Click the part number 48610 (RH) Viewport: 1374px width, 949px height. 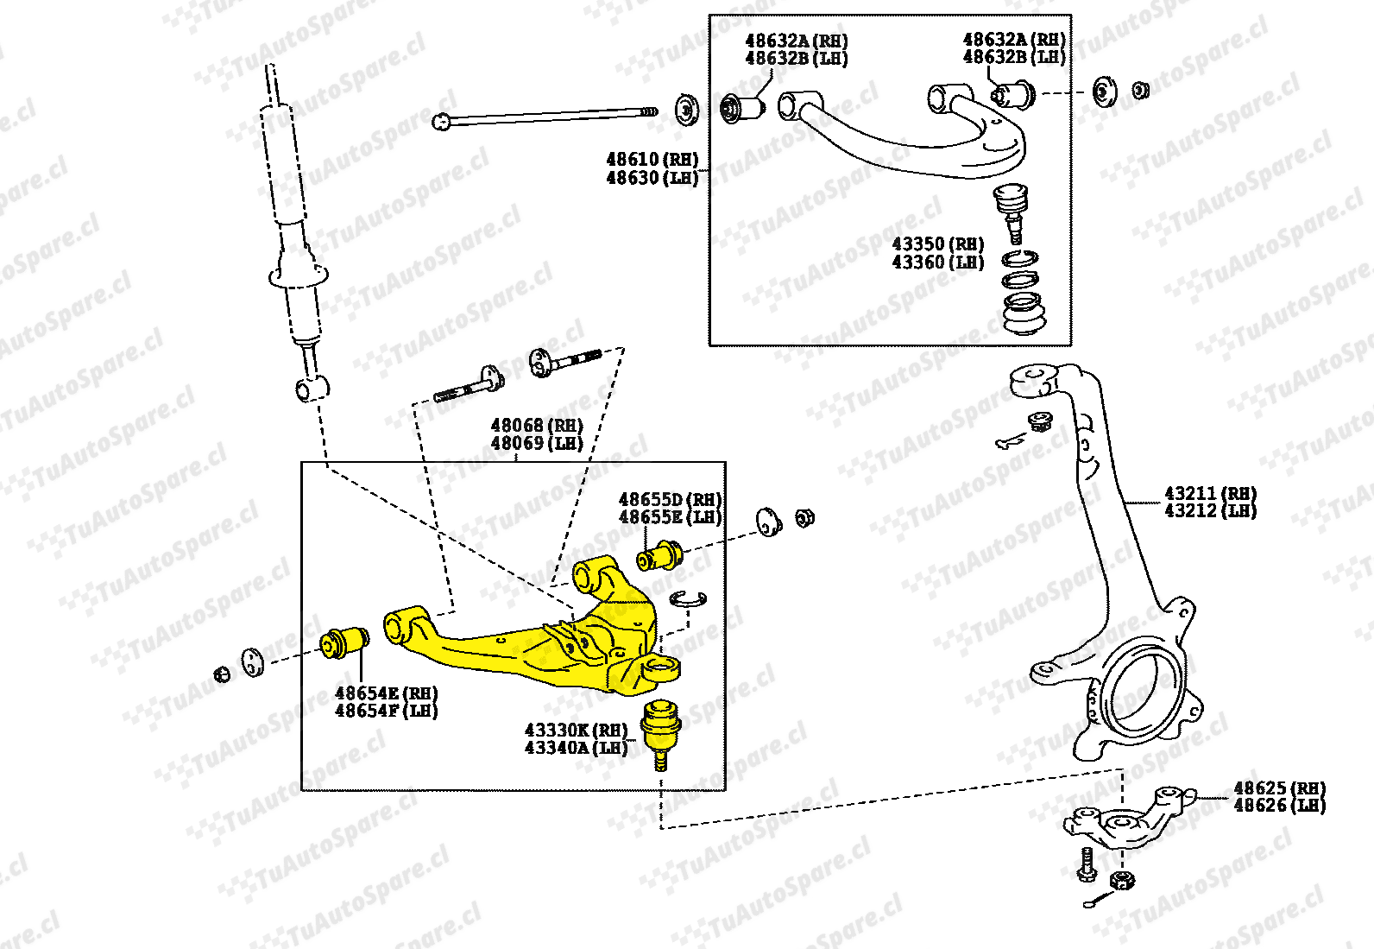652,160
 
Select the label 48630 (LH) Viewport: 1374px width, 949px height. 652,178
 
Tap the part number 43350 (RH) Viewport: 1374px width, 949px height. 938,244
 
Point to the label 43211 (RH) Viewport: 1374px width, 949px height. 1210,493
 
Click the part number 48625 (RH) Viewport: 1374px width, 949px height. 1279,788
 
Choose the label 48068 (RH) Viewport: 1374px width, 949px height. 537,425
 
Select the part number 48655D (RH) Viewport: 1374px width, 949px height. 670,499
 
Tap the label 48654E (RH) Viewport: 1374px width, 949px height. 386,693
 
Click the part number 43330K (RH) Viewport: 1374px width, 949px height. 576,730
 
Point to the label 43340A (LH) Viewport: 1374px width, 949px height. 576,748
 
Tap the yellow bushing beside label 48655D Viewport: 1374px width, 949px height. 660,556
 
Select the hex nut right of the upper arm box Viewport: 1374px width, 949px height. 1139,90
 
